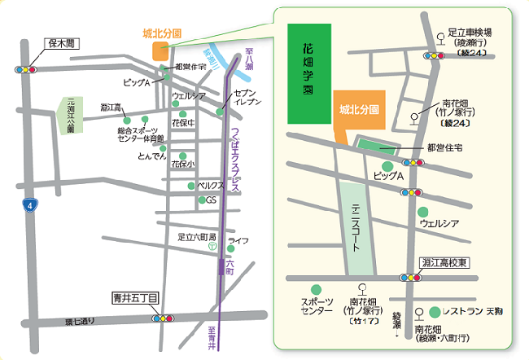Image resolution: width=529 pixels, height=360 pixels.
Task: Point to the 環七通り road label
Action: (x=80, y=321)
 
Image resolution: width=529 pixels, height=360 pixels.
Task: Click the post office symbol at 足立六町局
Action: (x=211, y=245)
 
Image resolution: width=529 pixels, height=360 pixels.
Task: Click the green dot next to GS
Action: (x=200, y=200)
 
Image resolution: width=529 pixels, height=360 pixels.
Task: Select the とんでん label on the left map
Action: (x=152, y=156)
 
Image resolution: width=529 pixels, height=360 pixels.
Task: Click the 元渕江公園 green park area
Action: (x=69, y=115)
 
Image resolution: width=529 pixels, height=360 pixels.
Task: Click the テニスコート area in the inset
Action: (x=356, y=227)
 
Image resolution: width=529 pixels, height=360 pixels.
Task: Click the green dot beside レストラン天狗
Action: (x=435, y=311)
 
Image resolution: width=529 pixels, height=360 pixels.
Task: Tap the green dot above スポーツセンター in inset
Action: (x=316, y=290)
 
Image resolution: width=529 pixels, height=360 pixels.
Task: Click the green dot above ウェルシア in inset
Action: (x=422, y=212)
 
